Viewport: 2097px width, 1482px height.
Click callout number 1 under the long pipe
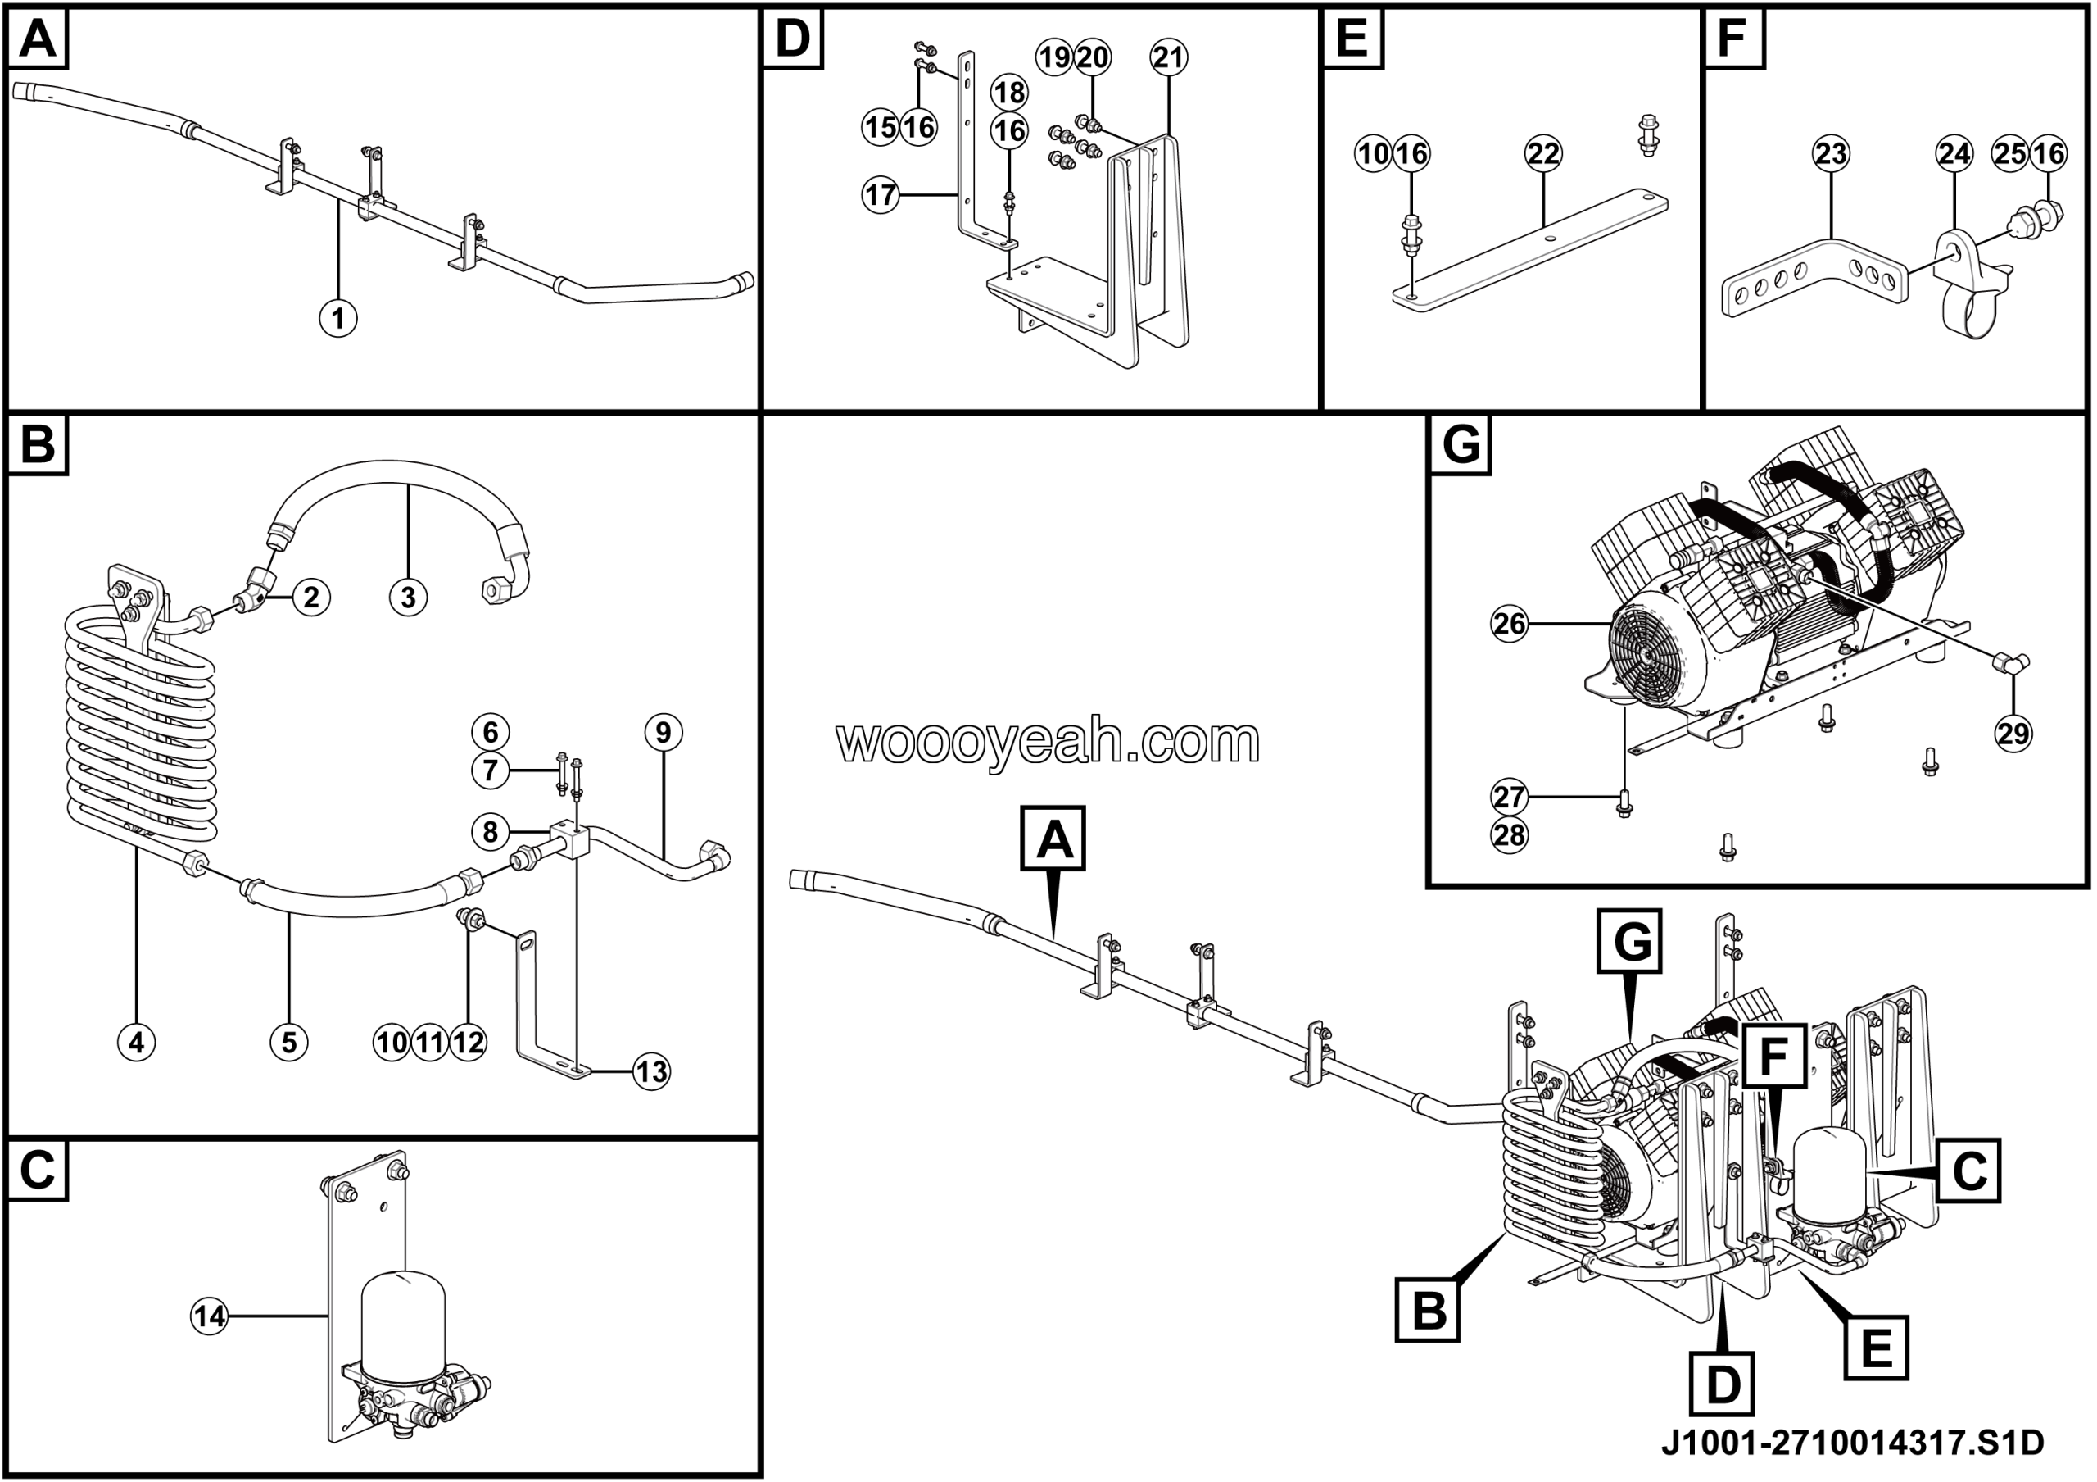click(x=338, y=318)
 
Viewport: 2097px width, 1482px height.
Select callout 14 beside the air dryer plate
click(x=209, y=1316)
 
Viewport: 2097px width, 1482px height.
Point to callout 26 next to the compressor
click(x=1510, y=623)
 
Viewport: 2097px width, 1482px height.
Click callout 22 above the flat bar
click(x=1542, y=152)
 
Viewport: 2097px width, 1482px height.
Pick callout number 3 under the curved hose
click(x=407, y=597)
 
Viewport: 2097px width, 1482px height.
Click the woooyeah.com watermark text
click(x=1048, y=740)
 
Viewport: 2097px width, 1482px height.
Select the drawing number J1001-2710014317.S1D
click(x=1852, y=1443)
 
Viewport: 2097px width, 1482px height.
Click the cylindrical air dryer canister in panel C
click(x=404, y=1316)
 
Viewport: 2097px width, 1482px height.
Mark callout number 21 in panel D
click(x=1168, y=57)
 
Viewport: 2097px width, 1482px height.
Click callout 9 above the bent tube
click(x=663, y=732)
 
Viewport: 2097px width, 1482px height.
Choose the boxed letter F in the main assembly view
click(x=1773, y=1057)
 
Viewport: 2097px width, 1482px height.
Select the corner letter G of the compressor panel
click(x=1460, y=445)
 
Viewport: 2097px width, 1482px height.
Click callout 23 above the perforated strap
click(x=1830, y=152)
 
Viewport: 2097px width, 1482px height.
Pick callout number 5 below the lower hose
click(x=288, y=1043)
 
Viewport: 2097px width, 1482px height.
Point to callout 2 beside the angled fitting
click(x=311, y=597)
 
